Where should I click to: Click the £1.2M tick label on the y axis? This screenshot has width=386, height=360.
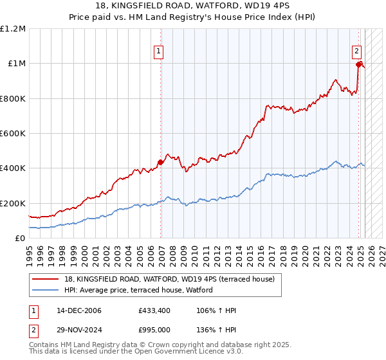[x=13, y=29]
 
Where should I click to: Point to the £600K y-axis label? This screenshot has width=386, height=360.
[x=13, y=134]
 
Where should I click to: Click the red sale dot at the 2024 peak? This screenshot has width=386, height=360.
[x=359, y=64]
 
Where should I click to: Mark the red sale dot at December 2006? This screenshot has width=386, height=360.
[x=161, y=163]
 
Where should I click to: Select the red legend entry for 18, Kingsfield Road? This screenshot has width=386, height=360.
[x=169, y=278]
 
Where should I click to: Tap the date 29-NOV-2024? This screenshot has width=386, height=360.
[x=79, y=329]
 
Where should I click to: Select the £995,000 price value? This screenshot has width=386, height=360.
[x=154, y=329]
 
